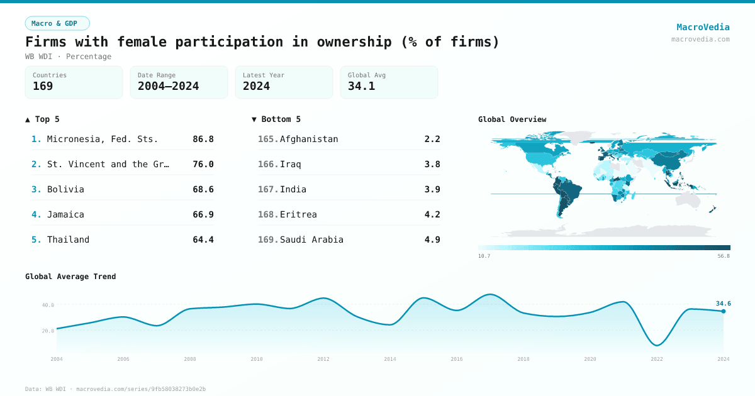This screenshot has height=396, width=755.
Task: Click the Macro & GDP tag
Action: pyautogui.click(x=57, y=23)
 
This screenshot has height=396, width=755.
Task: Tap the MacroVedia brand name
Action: pyautogui.click(x=703, y=27)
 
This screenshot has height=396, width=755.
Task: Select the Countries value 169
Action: pyautogui.click(x=43, y=86)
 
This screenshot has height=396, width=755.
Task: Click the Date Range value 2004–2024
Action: pyautogui.click(x=168, y=86)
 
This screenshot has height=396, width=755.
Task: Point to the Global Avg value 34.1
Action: pyautogui.click(x=361, y=86)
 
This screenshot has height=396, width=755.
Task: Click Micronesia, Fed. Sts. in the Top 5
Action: pyautogui.click(x=103, y=139)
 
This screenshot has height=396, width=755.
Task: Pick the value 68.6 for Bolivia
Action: pyautogui.click(x=203, y=189)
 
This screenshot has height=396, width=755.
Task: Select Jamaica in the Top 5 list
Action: pyautogui.click(x=65, y=214)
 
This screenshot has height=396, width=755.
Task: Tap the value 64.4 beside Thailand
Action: pyautogui.click(x=203, y=239)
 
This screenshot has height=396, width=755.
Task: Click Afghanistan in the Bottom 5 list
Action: pyautogui.click(x=309, y=139)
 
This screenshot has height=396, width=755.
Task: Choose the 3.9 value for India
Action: pyautogui.click(x=432, y=189)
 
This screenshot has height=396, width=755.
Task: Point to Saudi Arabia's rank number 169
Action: pyautogui.click(x=267, y=239)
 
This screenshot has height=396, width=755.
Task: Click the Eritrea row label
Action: pyautogui.click(x=298, y=214)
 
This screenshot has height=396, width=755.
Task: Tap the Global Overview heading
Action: pyautogui.click(x=512, y=119)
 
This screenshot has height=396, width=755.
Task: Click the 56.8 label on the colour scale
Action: pyautogui.click(x=724, y=256)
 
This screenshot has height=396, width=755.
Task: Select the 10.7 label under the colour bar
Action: pyautogui.click(x=484, y=256)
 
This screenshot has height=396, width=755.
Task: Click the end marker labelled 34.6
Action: pyautogui.click(x=723, y=311)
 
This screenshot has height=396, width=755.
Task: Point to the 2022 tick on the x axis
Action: pyautogui.click(x=657, y=359)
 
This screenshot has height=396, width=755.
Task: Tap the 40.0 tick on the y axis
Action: pyautogui.click(x=48, y=305)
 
